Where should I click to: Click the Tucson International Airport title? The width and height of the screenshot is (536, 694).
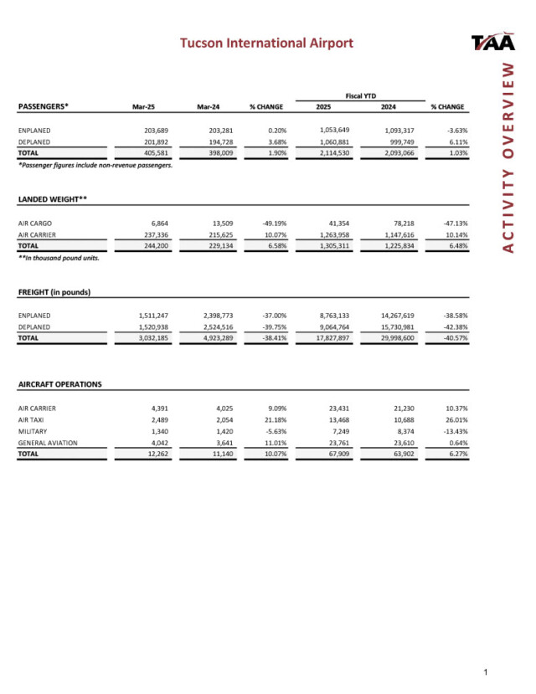click(267, 43)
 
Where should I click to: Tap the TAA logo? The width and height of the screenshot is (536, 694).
click(493, 43)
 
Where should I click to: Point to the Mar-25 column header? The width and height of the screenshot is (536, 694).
click(145, 107)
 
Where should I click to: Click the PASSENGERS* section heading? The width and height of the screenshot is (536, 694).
click(44, 106)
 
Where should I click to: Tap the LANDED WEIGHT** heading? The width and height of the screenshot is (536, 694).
click(53, 199)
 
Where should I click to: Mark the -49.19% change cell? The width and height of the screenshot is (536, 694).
click(269, 224)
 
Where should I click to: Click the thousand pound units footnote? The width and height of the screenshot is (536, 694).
click(59, 258)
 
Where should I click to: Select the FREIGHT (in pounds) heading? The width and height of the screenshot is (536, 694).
click(54, 291)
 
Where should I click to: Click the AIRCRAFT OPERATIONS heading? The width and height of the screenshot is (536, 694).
click(60, 384)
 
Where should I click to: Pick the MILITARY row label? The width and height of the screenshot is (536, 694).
click(33, 429)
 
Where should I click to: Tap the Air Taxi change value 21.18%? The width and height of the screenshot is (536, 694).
click(271, 419)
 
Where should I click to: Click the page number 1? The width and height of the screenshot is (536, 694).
click(486, 672)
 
